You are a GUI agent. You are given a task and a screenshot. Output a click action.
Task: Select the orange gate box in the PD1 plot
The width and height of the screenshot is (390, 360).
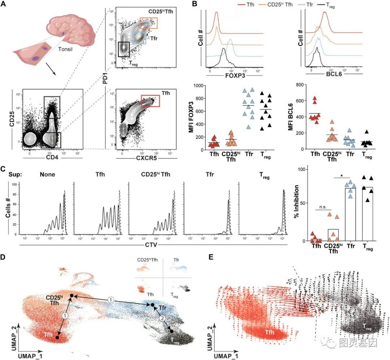pyautogui.click(x=149, y=23)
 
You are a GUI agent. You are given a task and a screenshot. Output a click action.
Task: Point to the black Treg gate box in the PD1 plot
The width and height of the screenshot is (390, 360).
pyautogui.click(x=123, y=48)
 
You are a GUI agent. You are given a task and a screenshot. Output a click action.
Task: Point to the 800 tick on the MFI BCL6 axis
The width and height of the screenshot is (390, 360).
pyautogui.click(x=298, y=85)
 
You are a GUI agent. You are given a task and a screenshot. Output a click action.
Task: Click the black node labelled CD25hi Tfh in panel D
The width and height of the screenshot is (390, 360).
pyautogui.click(x=71, y=296)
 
